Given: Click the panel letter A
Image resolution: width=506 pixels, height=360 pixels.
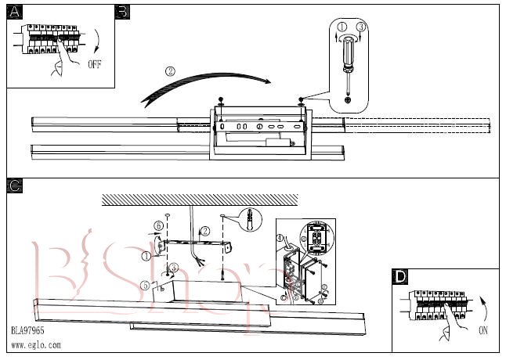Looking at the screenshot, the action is [x=15, y=12].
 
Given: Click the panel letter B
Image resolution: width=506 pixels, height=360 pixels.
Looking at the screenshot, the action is [x=122, y=12].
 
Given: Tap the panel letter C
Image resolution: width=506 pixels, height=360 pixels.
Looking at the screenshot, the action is [x=15, y=186].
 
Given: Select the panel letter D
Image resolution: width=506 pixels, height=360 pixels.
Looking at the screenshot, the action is [x=399, y=277].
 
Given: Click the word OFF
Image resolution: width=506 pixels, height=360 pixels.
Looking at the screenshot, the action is [x=95, y=64].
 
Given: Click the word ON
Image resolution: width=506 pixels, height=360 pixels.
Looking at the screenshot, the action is [x=483, y=330].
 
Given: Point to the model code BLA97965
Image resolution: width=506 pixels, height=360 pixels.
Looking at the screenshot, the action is [x=27, y=330].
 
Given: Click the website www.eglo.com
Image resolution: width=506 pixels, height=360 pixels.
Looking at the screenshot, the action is [x=36, y=345].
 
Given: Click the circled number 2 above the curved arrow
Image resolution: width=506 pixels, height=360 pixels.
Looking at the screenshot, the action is [x=170, y=71].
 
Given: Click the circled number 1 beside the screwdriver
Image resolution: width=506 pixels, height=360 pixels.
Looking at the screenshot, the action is [x=342, y=27].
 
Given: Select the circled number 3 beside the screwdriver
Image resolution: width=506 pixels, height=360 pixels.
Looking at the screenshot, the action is [x=361, y=27].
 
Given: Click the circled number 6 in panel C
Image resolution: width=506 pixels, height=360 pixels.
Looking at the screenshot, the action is [x=158, y=226].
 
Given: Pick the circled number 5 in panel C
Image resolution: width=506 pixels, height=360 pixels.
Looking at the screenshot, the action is [x=146, y=285].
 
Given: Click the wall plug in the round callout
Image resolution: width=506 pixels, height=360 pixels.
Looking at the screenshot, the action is [x=249, y=219].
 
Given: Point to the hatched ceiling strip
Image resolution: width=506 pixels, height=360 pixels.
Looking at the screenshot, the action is [x=200, y=200].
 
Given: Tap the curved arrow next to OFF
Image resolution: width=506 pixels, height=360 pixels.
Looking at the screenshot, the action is [x=97, y=40].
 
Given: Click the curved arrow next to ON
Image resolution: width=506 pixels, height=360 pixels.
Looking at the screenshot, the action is [x=483, y=309].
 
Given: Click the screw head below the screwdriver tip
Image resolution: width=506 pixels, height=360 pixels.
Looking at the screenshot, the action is [x=348, y=100].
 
